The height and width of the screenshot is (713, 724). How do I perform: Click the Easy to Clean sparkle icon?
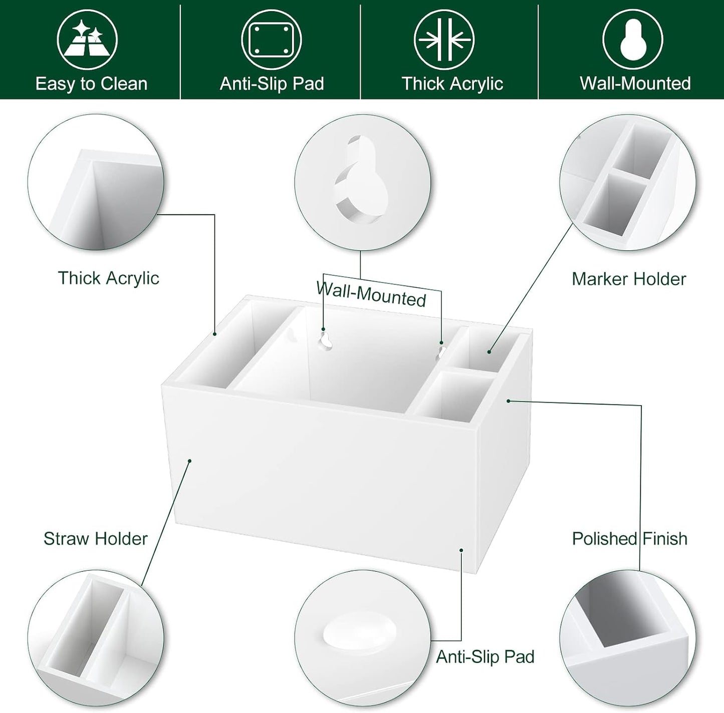coord(87,40)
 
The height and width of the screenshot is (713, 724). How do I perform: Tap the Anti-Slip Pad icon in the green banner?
coord(271,40)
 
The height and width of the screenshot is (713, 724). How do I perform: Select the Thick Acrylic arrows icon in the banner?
coord(444,40)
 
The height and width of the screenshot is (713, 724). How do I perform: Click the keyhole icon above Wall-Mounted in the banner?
coord(633,40)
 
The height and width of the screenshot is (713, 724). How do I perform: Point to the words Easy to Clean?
coord(91,84)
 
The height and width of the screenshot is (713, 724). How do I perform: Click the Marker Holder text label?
coord(629,279)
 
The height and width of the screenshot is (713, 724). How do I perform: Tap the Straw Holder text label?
coord(95,539)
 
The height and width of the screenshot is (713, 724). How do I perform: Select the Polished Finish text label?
coord(630,539)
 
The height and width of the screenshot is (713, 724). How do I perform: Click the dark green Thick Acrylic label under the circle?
coord(109,278)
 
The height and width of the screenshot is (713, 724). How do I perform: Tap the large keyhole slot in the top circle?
coord(361,179)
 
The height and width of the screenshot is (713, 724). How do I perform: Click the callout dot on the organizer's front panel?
coord(190,461)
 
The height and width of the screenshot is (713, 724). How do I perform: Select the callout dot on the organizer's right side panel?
coord(509,401)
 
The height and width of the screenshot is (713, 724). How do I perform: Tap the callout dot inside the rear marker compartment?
coord(489,352)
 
